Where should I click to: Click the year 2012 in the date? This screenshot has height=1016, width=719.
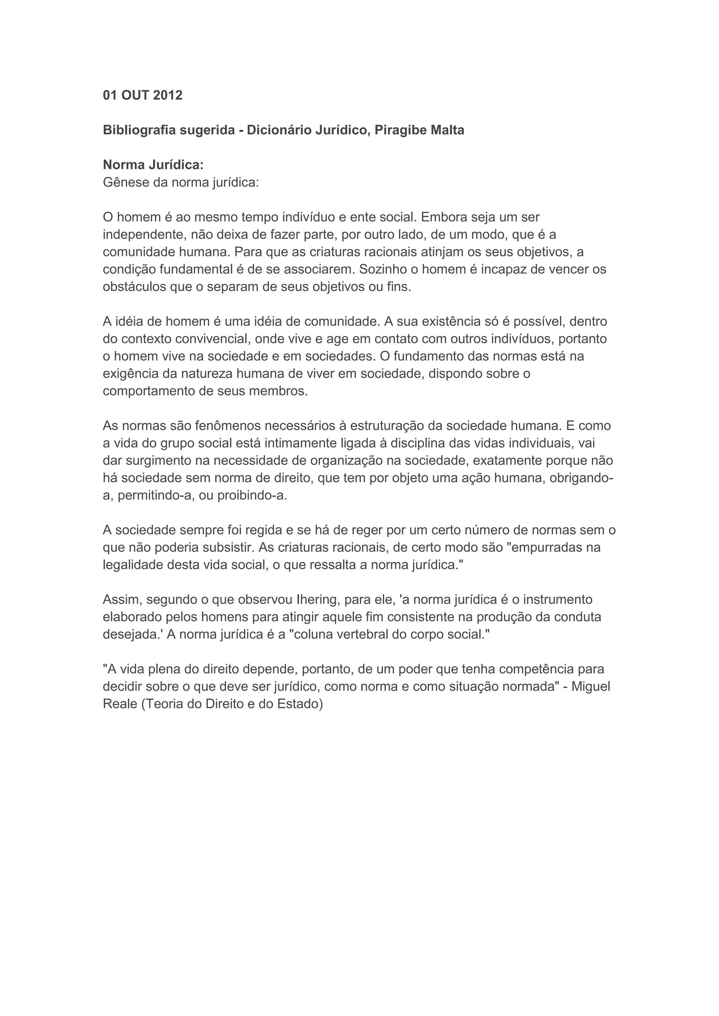[x=167, y=95]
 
